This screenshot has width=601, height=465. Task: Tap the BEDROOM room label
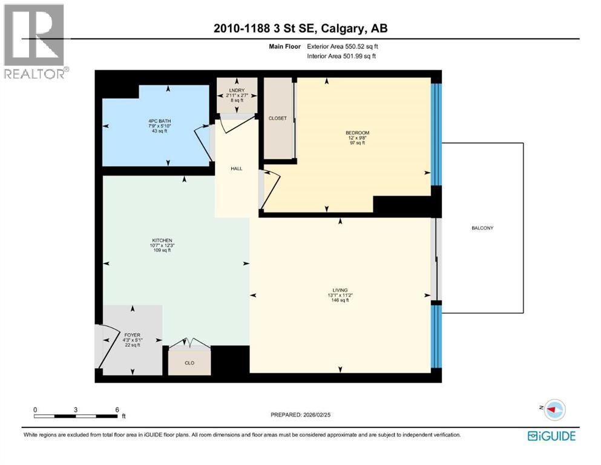(357, 133)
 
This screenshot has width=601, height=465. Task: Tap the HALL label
(236, 168)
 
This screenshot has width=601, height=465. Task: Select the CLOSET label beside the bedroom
(278, 119)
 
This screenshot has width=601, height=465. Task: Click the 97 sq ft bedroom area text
(357, 143)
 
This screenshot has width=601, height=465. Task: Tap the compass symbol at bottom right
(554, 410)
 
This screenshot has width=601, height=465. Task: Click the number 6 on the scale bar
(117, 409)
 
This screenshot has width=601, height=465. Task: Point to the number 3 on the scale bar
(76, 409)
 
